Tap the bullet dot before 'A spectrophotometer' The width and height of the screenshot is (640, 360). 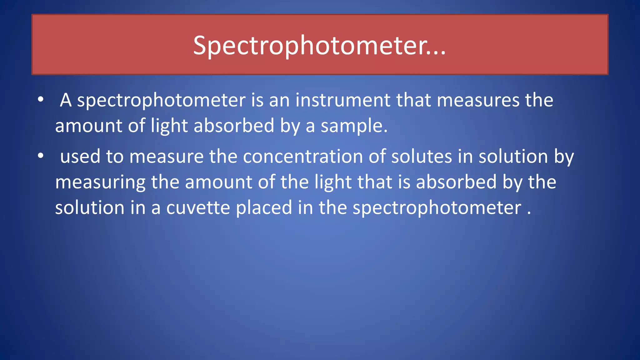[x=41, y=100]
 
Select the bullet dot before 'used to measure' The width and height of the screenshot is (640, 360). [x=41, y=156]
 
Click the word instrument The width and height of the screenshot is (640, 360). [x=343, y=100]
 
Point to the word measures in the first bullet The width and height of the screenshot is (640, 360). [x=477, y=100]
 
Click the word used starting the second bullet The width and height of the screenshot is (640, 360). [x=80, y=156]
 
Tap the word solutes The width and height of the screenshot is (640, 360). [x=422, y=156]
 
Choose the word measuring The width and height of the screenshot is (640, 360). [x=100, y=182]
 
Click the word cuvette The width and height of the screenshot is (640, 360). [x=198, y=207]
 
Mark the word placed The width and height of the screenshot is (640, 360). [x=264, y=207]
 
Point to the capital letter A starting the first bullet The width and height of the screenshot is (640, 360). [x=66, y=100]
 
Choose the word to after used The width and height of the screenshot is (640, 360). [x=115, y=156]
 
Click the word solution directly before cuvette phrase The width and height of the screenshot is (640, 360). [x=90, y=207]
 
